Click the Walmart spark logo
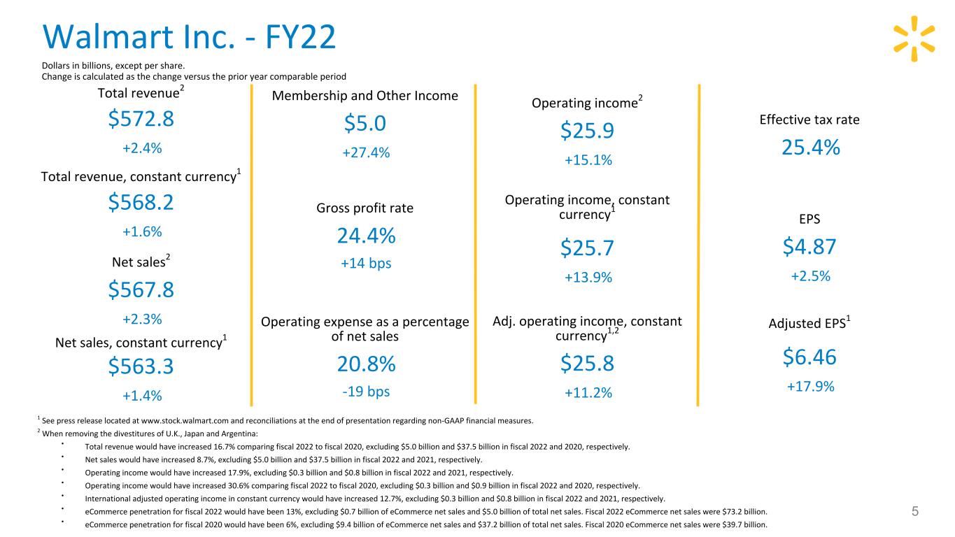pyautogui.click(x=914, y=38)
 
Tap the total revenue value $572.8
pyautogui.click(x=141, y=118)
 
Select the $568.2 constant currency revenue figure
pyautogui.click(x=141, y=202)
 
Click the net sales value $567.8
pyautogui.click(x=141, y=289)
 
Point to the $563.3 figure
pyautogui.click(x=141, y=366)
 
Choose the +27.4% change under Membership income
pyautogui.click(x=366, y=152)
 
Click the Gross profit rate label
pyautogui.click(x=365, y=208)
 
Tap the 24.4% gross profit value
pyautogui.click(x=366, y=236)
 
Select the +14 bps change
pyautogui.click(x=366, y=264)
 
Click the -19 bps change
pyautogui.click(x=366, y=392)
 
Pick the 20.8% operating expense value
pyautogui.click(x=366, y=364)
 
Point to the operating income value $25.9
pyautogui.click(x=587, y=131)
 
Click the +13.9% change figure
pyautogui.click(x=588, y=278)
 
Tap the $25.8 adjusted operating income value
pyautogui.click(x=587, y=364)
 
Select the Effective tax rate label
pyautogui.click(x=809, y=120)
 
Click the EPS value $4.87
pyautogui.click(x=809, y=247)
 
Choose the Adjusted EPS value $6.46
pyautogui.click(x=809, y=357)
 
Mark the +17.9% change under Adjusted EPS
pyautogui.click(x=810, y=387)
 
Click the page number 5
pyautogui.click(x=915, y=511)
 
